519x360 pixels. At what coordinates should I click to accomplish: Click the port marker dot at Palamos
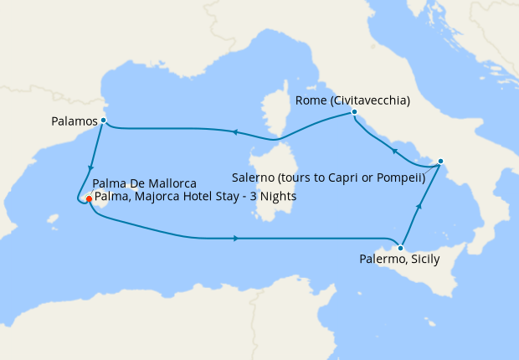tap(103, 121)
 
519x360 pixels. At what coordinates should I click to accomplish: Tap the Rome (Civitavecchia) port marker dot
tap(355, 112)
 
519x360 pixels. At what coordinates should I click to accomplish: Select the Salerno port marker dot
tap(441, 161)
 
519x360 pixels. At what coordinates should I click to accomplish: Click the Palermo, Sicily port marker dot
tap(402, 248)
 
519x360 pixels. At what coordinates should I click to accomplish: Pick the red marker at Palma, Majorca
tap(88, 198)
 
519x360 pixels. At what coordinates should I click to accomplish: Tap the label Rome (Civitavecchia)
tap(352, 100)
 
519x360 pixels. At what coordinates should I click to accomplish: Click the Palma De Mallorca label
tap(145, 183)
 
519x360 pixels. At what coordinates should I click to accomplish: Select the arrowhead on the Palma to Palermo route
tap(237, 239)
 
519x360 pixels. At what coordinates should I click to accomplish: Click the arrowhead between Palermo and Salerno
tap(419, 205)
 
